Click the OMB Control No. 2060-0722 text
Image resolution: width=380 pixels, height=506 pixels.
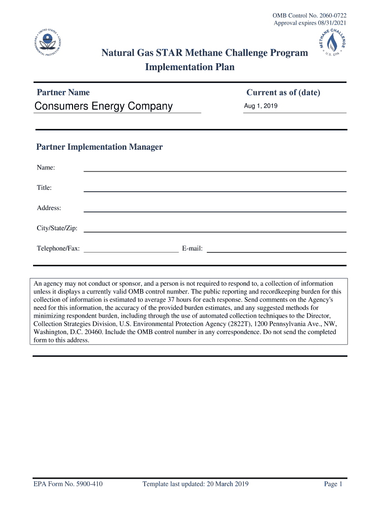(x=309, y=15)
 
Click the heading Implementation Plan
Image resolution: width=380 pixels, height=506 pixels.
(x=190, y=67)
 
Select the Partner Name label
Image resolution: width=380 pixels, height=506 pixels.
(x=63, y=92)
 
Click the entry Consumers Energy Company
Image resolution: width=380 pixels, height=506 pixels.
(x=104, y=106)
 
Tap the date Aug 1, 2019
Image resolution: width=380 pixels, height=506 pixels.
(x=261, y=106)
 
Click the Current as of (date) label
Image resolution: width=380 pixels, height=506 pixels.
(x=283, y=92)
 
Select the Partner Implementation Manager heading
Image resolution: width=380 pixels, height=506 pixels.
(x=99, y=147)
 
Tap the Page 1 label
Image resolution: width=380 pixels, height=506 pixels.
(x=333, y=484)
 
